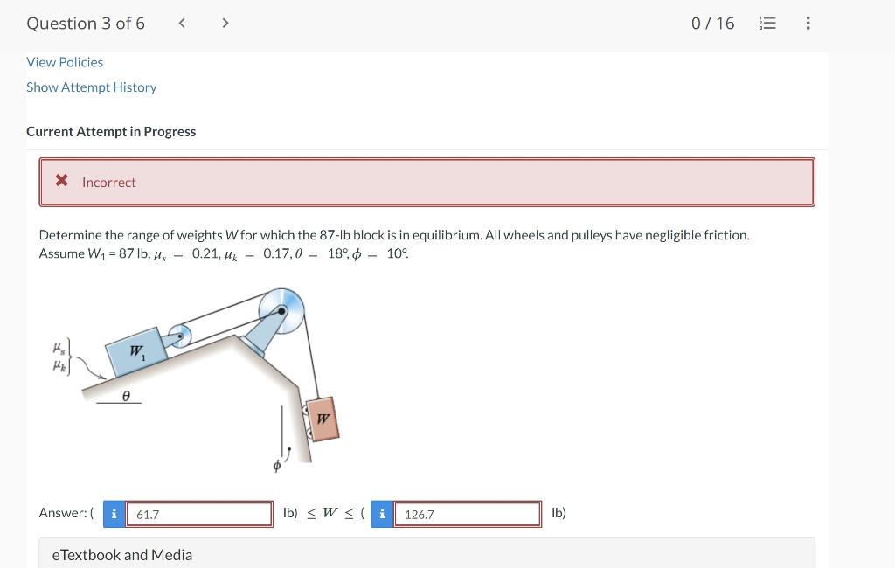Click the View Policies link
coord(65,62)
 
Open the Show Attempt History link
coord(91,87)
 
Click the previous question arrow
coord(182,24)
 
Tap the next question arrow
coord(225,24)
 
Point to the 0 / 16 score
coord(712,24)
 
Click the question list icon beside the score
coord(767,24)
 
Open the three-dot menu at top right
coord(808,24)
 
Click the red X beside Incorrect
coord(62,181)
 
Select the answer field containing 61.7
coord(199,514)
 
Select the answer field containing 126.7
coord(467,514)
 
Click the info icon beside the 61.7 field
coord(113,514)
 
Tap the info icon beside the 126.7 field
coord(382,514)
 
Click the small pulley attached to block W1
coord(179,336)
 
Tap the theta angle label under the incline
coord(126,396)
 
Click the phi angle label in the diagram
coord(276,467)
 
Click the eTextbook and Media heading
coord(122,555)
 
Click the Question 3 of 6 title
coord(86,24)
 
